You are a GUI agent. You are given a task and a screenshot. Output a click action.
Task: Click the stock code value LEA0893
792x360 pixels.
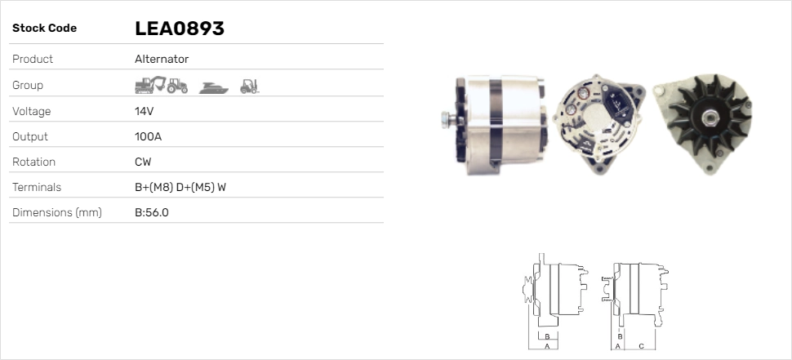pyautogui.click(x=180, y=29)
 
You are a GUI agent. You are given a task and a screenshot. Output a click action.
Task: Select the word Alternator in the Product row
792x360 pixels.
pyautogui.click(x=162, y=59)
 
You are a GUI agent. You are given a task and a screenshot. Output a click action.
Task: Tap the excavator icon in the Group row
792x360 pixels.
pyautogui.click(x=150, y=85)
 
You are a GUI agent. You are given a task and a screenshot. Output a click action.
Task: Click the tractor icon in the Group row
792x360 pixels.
pyautogui.click(x=177, y=86)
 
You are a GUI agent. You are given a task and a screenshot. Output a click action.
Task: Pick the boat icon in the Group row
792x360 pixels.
pyautogui.click(x=214, y=88)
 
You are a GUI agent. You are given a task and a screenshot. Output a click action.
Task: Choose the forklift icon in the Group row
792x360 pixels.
pyautogui.click(x=250, y=87)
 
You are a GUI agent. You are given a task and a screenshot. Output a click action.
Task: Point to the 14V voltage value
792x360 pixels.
pyautogui.click(x=144, y=111)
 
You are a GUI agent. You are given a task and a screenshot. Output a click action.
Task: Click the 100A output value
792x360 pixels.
pyautogui.click(x=148, y=136)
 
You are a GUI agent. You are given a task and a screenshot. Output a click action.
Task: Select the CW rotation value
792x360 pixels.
pyautogui.click(x=143, y=162)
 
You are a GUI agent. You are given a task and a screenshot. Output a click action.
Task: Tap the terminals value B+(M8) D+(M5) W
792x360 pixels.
pyautogui.click(x=180, y=187)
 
